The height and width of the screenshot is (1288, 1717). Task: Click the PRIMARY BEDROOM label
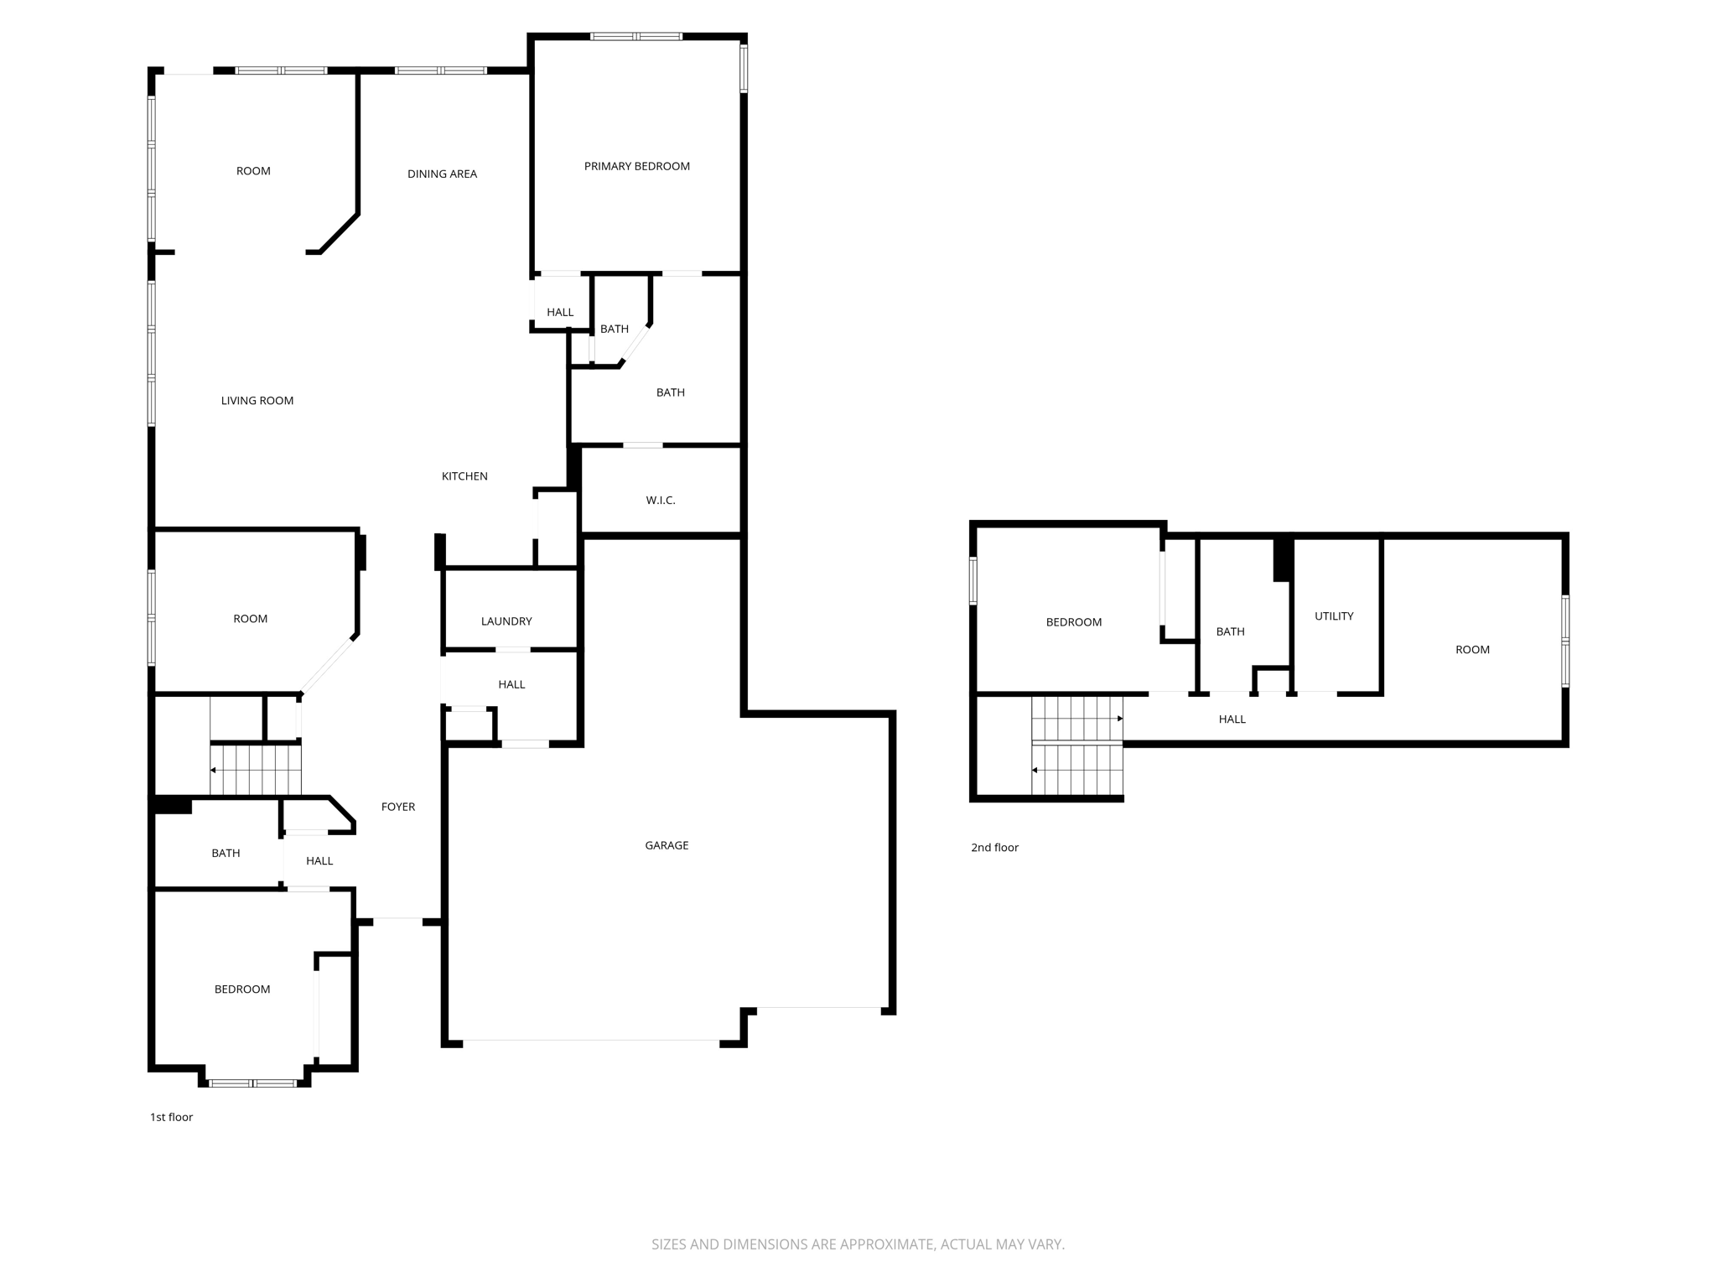(636, 166)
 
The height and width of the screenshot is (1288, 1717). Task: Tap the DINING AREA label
(442, 174)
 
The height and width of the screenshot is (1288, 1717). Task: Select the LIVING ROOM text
(257, 401)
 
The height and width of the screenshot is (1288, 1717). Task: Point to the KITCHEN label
(464, 476)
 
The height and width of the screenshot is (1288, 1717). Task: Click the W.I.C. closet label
(660, 501)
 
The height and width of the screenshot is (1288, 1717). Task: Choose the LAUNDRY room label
(506, 621)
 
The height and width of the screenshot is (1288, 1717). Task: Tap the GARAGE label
(667, 845)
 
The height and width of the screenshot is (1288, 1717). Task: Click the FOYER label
(397, 807)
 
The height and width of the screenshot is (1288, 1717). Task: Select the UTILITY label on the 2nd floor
(1333, 616)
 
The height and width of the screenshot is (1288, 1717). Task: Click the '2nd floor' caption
(994, 848)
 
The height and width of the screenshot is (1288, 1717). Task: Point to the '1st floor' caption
(171, 1117)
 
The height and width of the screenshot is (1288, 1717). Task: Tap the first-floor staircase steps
(256, 769)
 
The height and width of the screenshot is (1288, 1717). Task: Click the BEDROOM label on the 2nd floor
(1073, 622)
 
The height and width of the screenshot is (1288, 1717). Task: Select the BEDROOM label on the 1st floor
(241, 989)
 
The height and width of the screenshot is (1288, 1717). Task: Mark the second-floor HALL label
(1232, 719)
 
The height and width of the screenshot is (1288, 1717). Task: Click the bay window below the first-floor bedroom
(252, 1083)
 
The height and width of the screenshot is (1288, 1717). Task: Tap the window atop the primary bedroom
(635, 36)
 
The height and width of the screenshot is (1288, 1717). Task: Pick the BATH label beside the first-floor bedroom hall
(225, 854)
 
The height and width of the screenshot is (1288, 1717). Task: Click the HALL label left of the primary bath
(559, 313)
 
